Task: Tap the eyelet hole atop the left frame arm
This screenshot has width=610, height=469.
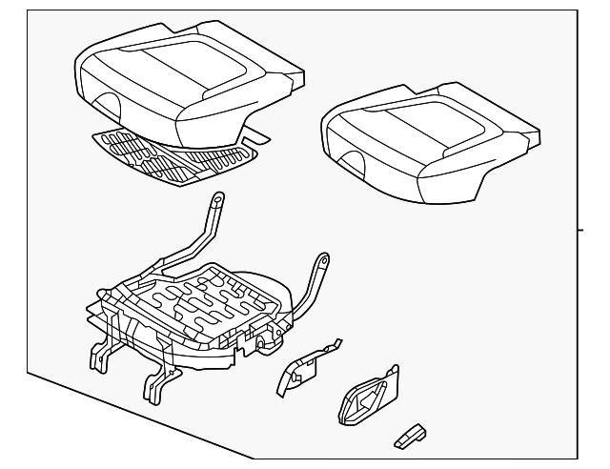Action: [217, 200]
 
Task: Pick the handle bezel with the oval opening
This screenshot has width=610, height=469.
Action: [361, 400]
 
